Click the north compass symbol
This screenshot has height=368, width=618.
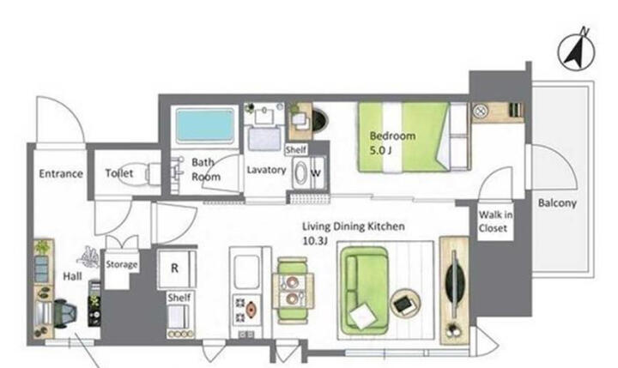(x=576, y=51)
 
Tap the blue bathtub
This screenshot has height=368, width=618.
(x=205, y=126)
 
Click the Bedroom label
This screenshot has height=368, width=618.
(x=392, y=136)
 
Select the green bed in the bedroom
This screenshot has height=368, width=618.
(x=414, y=137)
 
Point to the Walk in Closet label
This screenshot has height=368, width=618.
(x=495, y=221)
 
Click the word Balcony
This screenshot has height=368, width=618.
(x=557, y=203)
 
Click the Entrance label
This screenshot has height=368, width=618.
(x=61, y=174)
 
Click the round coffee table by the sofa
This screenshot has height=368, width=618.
(x=405, y=303)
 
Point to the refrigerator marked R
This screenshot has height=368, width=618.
(x=176, y=268)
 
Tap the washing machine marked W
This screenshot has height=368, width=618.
(x=309, y=173)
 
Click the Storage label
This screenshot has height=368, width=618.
(x=122, y=264)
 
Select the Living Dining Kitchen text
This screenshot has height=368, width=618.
(x=353, y=226)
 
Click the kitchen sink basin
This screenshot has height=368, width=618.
(x=246, y=271)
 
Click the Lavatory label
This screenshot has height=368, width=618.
(x=266, y=170)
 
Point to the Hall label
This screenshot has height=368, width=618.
(x=72, y=276)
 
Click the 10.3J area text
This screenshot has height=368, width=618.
(x=315, y=241)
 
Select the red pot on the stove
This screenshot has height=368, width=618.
(x=251, y=309)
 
